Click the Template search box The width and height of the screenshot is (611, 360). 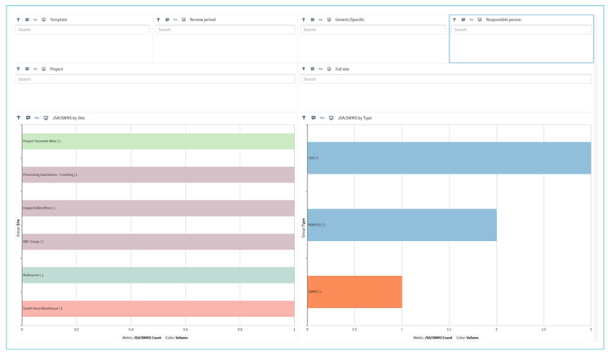point(81,29)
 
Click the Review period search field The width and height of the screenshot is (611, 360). point(225,29)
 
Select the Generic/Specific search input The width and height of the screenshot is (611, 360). point(372,29)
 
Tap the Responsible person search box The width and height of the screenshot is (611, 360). point(521,29)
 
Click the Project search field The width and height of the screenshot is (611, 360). point(155,79)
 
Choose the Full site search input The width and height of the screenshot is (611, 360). point(446,79)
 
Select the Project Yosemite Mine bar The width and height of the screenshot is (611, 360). point(158,141)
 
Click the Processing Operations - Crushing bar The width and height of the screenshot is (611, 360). point(158,174)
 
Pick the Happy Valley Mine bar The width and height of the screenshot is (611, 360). point(158,208)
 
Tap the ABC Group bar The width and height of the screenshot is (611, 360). point(158,241)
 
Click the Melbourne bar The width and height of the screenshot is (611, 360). point(158,275)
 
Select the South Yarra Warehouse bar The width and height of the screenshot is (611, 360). point(158,309)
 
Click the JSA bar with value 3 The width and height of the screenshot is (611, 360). point(449,158)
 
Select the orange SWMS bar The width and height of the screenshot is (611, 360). point(354,292)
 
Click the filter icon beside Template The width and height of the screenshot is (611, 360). point(19,20)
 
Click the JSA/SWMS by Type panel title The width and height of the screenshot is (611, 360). point(354,118)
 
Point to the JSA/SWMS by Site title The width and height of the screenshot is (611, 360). point(68,118)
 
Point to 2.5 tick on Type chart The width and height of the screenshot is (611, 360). point(543,330)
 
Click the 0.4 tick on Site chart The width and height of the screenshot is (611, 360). point(131,330)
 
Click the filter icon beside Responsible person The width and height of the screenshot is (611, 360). point(455,20)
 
